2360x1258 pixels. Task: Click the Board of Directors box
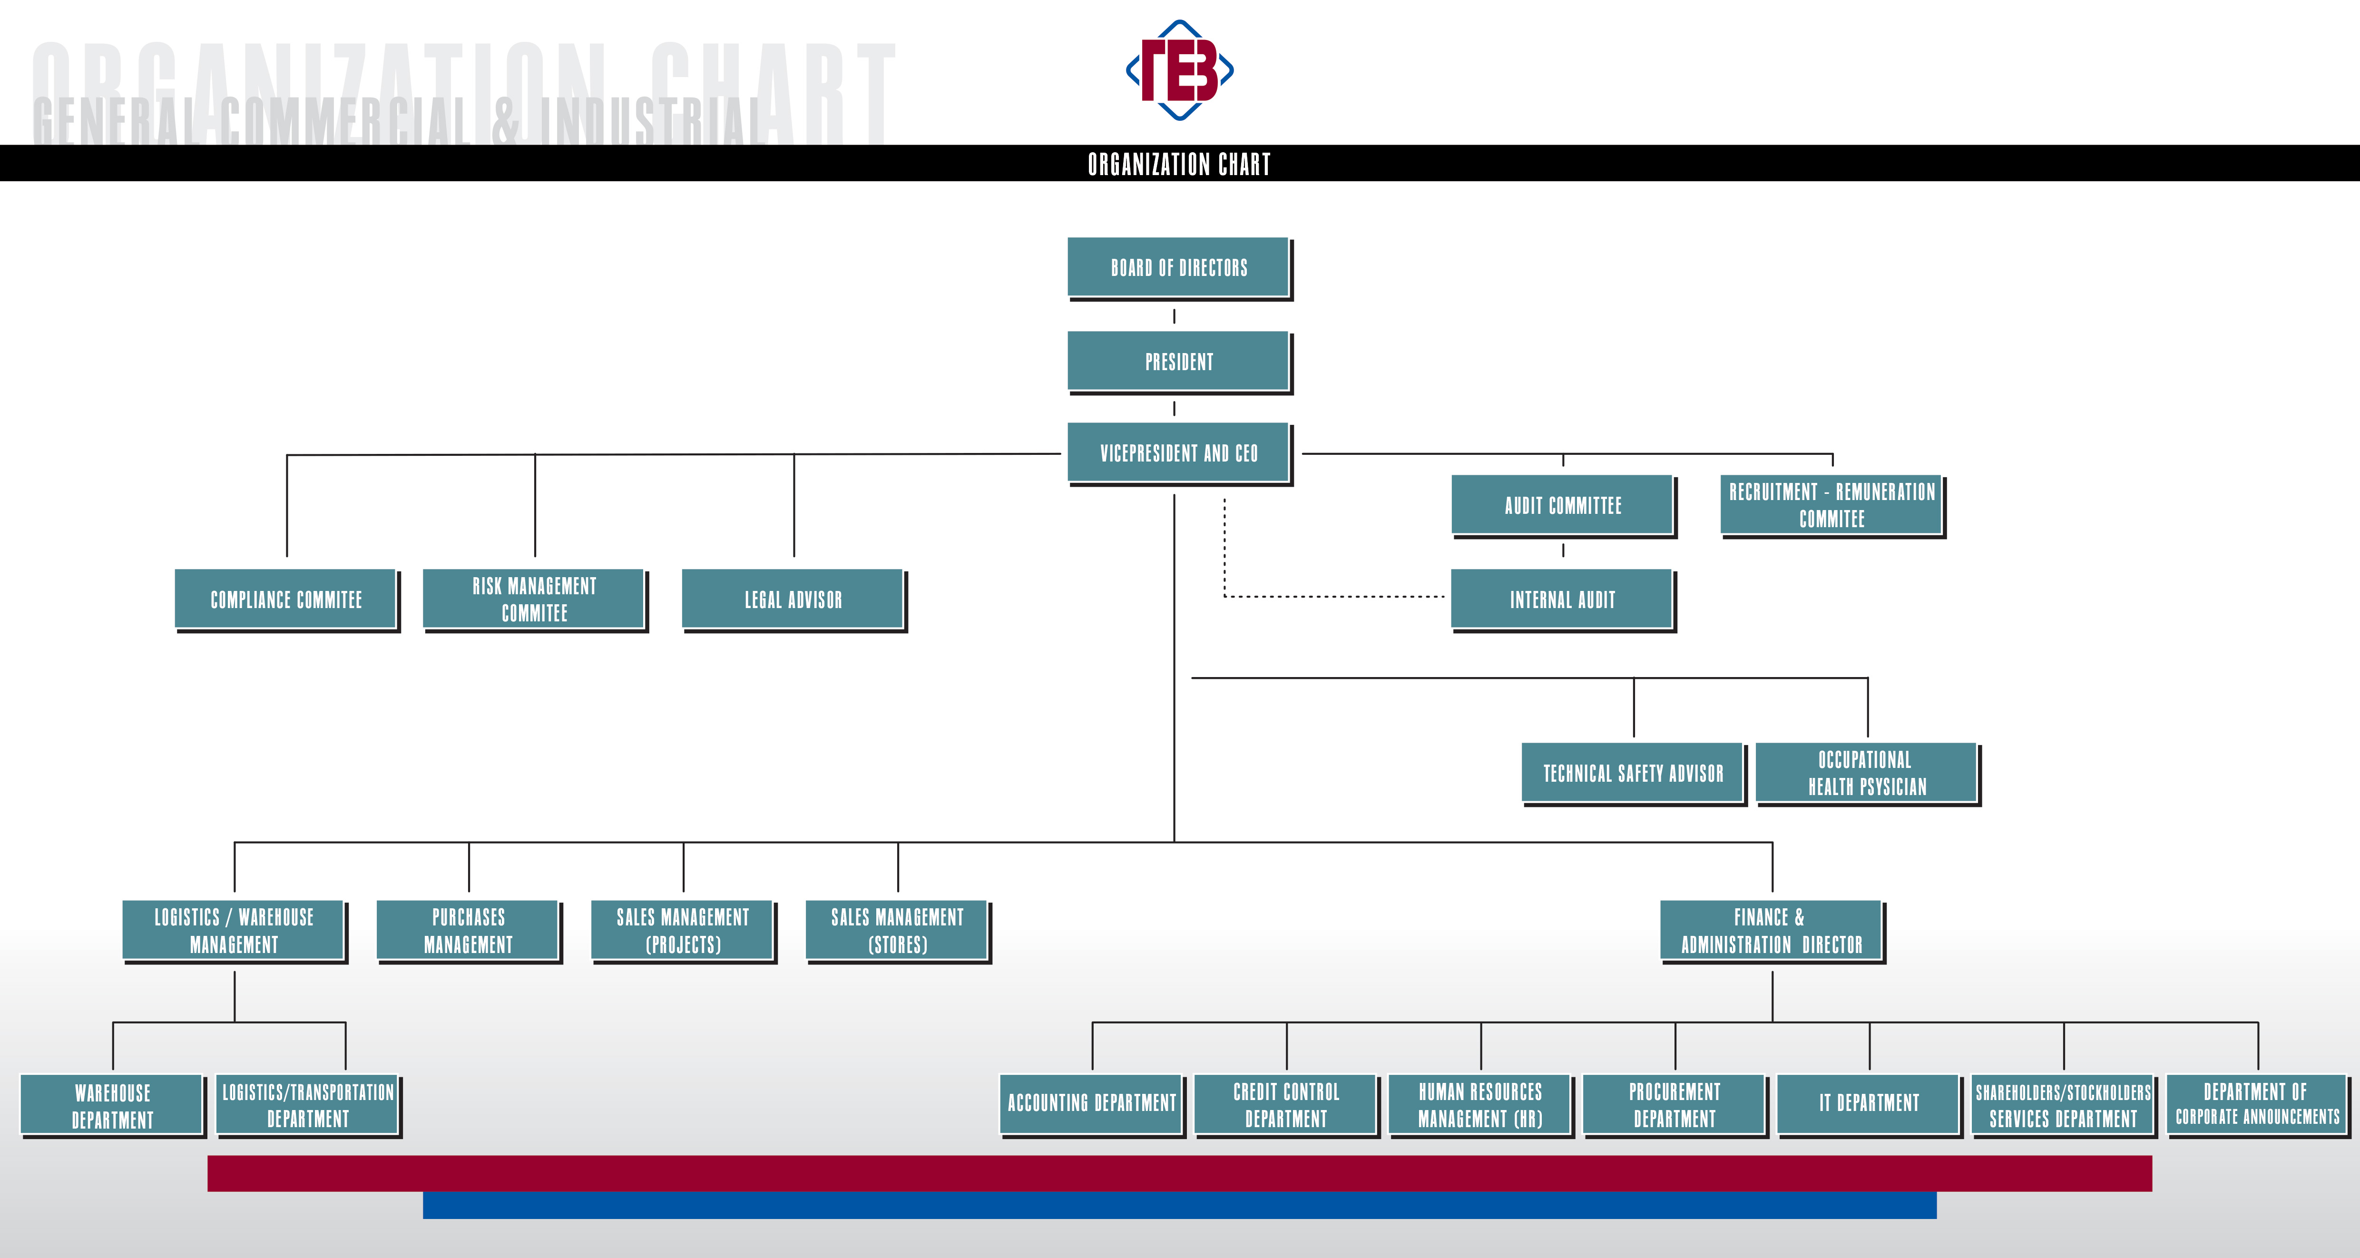(1179, 267)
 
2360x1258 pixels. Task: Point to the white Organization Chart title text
(1179, 164)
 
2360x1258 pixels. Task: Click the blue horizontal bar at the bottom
(1179, 1205)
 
